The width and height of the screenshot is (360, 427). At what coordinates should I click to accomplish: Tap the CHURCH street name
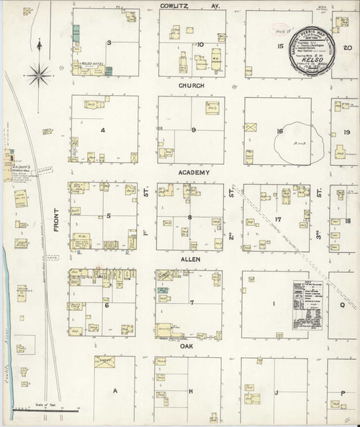pyautogui.click(x=192, y=86)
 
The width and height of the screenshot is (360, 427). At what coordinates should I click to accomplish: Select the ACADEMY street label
pyautogui.click(x=194, y=173)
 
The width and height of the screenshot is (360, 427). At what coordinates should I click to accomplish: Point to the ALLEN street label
pyautogui.click(x=192, y=260)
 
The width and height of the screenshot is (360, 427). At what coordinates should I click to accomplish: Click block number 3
pyautogui.click(x=109, y=43)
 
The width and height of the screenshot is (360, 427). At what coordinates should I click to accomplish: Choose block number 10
pyautogui.click(x=200, y=45)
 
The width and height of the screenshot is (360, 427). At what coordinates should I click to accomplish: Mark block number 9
pyautogui.click(x=194, y=130)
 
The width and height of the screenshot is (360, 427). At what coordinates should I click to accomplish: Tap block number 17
pyautogui.click(x=277, y=217)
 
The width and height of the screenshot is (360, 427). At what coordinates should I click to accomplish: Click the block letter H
pyautogui.click(x=191, y=390)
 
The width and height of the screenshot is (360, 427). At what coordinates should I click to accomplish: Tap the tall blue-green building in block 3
pyautogui.click(x=76, y=34)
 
